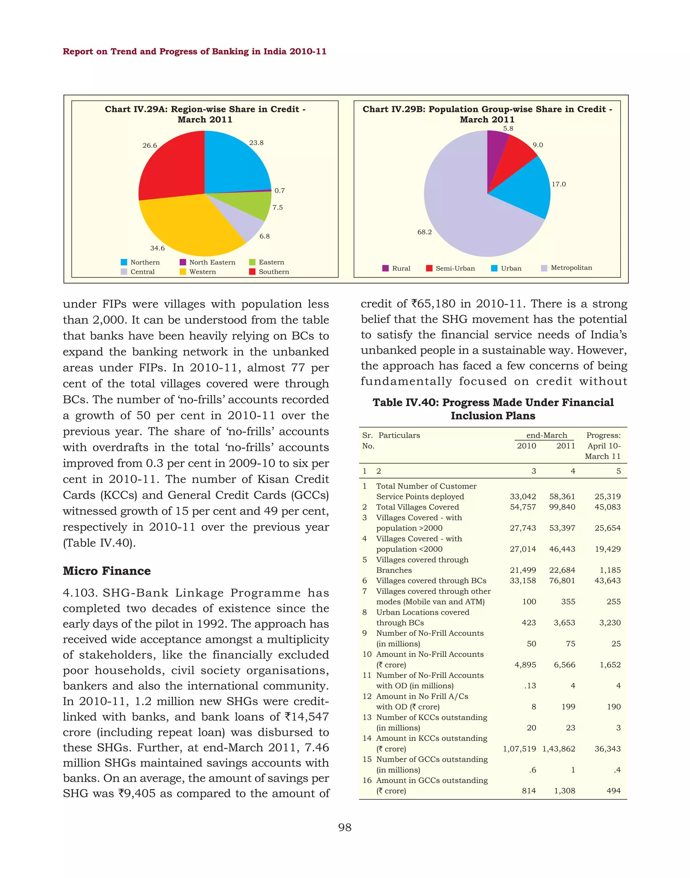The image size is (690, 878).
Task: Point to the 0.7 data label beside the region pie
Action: pyautogui.click(x=280, y=190)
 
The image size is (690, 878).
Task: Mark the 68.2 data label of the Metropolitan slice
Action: pyautogui.click(x=424, y=232)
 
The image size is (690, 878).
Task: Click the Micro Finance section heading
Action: pyautogui.click(x=107, y=571)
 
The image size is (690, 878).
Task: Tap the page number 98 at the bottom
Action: pyautogui.click(x=345, y=827)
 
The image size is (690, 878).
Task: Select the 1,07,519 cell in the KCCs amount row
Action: pyautogui.click(x=519, y=749)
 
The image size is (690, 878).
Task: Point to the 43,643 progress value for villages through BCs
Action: pyautogui.click(x=607, y=580)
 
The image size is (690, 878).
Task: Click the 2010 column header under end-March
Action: pyautogui.click(x=526, y=446)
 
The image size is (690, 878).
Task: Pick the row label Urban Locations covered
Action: pyautogui.click(x=422, y=612)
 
